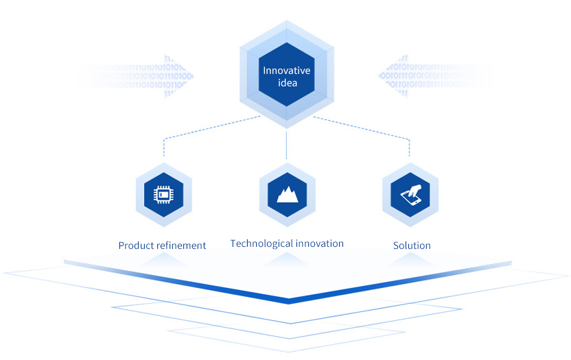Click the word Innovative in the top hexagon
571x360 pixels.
click(287, 71)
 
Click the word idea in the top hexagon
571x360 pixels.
click(287, 83)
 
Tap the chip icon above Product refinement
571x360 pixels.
click(163, 195)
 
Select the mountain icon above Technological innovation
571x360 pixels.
click(287, 195)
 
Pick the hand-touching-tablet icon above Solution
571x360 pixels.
click(410, 195)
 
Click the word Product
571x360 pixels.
click(137, 245)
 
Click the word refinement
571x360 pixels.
click(182, 245)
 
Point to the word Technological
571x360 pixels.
click(261, 243)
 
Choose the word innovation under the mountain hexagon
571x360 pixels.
click(319, 243)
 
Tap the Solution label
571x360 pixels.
click(412, 245)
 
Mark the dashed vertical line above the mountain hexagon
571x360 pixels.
click(287, 145)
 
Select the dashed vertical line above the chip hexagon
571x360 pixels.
click(163, 147)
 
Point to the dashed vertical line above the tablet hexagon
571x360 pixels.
click(410, 147)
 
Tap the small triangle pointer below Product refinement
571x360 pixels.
click(163, 258)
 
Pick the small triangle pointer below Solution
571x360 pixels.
click(410, 258)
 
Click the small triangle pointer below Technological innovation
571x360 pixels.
click(287, 258)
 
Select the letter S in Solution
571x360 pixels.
click(396, 245)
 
